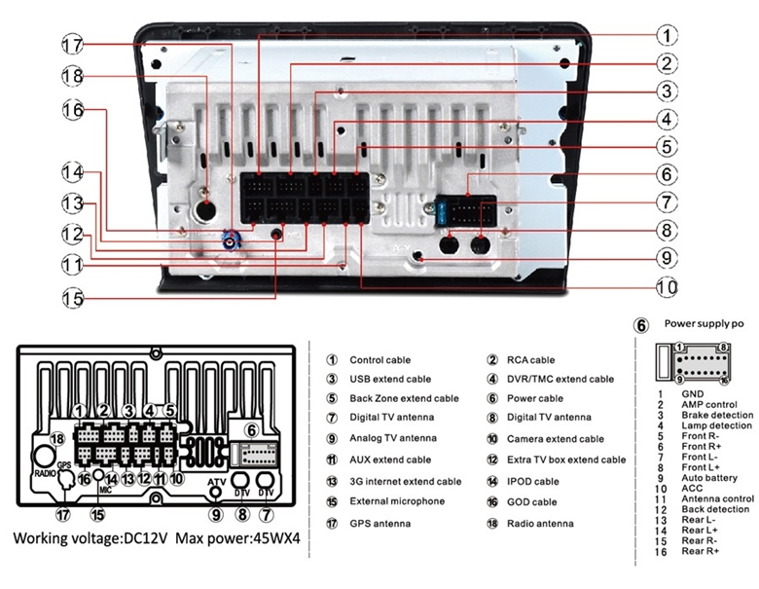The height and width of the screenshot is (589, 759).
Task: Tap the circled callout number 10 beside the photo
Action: click(x=666, y=287)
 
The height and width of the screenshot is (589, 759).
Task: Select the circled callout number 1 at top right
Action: click(x=666, y=36)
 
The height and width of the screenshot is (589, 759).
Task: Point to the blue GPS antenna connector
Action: click(x=232, y=239)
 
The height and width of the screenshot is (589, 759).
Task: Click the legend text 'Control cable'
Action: click(x=379, y=360)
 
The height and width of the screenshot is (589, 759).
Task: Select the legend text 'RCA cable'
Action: click(x=530, y=360)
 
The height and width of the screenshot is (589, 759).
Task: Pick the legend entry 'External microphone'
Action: click(x=397, y=501)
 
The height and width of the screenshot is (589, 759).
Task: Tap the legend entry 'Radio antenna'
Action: click(x=540, y=524)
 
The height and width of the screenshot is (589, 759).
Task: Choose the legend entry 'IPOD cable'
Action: click(x=532, y=481)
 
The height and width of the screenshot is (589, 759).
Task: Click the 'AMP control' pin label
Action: click(x=708, y=404)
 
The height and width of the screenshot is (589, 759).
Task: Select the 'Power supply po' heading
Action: click(x=705, y=323)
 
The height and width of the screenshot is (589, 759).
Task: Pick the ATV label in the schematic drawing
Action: click(x=217, y=482)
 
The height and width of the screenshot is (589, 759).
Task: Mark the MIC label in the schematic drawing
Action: click(x=105, y=491)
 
